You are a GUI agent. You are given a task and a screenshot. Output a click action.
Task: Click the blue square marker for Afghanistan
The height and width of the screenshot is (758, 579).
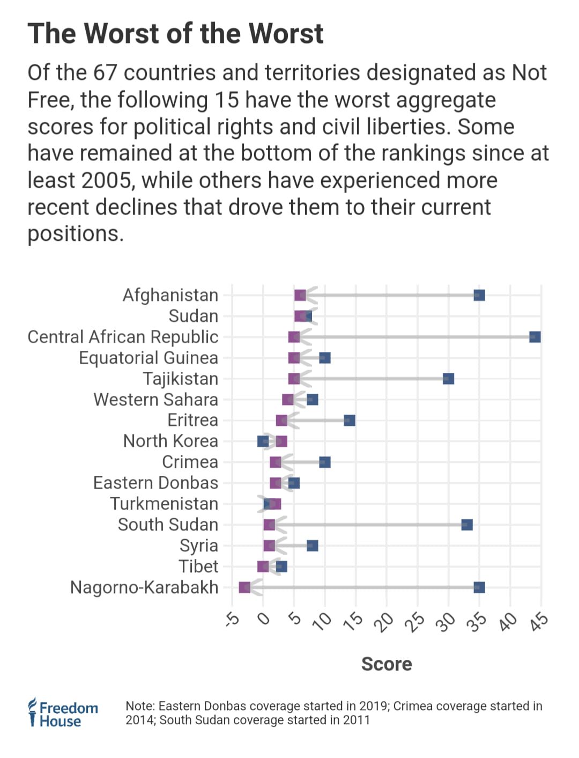479,295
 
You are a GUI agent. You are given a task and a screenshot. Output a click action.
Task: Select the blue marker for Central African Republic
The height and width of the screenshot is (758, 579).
535,337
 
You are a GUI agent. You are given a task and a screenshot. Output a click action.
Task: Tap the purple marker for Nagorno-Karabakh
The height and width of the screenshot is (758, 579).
244,587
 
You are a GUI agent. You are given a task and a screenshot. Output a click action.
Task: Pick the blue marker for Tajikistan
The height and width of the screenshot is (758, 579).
448,379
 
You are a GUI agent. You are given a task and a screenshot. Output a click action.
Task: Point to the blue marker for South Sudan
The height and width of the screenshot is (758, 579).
467,525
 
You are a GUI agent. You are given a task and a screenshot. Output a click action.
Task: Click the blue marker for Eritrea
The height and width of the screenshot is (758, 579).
350,420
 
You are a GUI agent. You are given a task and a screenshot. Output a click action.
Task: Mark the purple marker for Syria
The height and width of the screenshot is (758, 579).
269,546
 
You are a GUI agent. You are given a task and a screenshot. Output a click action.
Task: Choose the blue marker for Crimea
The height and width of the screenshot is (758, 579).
324,462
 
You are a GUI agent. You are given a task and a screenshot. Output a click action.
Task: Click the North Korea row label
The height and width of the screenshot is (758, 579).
170,441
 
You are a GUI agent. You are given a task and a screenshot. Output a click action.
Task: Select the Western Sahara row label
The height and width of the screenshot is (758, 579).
155,400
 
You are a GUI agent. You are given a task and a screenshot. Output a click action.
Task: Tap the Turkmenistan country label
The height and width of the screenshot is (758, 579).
164,504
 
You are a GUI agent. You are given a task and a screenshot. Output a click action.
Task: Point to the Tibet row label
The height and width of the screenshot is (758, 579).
198,566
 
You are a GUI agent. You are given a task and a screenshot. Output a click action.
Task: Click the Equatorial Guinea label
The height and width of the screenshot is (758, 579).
149,358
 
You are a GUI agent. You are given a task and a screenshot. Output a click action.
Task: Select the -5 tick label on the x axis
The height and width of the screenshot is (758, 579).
232,619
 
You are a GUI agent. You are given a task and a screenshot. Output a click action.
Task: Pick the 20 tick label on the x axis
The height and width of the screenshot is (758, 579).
384,621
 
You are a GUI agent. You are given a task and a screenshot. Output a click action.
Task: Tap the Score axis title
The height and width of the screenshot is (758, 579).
387,664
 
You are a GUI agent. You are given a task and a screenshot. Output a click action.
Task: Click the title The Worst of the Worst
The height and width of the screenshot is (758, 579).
175,33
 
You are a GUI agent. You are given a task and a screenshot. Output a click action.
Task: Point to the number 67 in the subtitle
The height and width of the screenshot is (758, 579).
105,73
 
